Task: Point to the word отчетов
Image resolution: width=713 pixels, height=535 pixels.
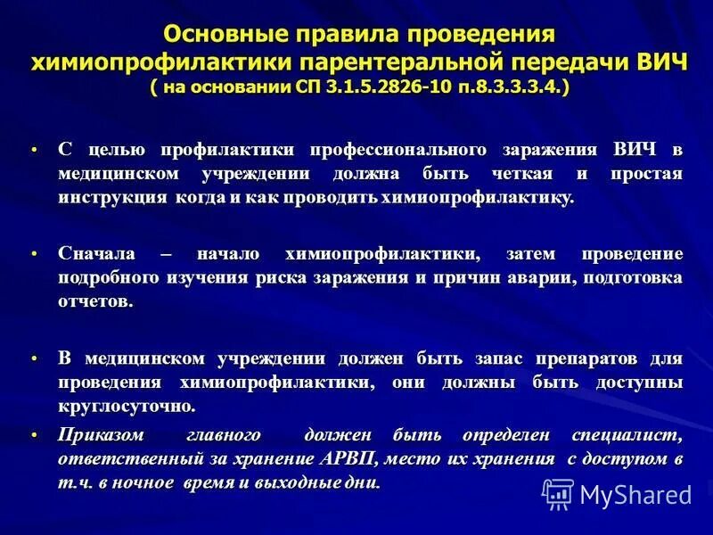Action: [x=95, y=301]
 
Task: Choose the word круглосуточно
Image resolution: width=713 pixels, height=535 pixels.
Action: [x=126, y=406]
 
